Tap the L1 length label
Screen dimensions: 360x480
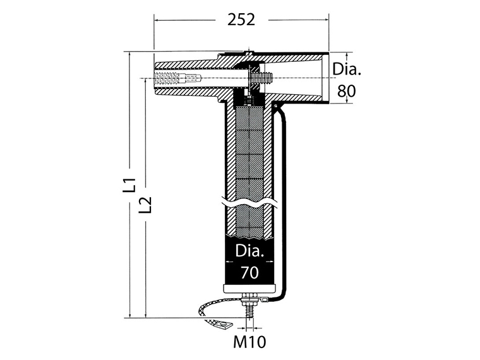(x=130, y=185)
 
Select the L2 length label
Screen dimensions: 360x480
(x=146, y=205)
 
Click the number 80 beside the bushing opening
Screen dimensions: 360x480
(x=345, y=90)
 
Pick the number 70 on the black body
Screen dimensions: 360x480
(x=249, y=273)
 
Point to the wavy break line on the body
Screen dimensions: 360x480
(x=250, y=205)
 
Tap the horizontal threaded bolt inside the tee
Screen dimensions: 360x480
(x=260, y=78)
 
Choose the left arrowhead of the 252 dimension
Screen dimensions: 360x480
(x=157, y=20)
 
